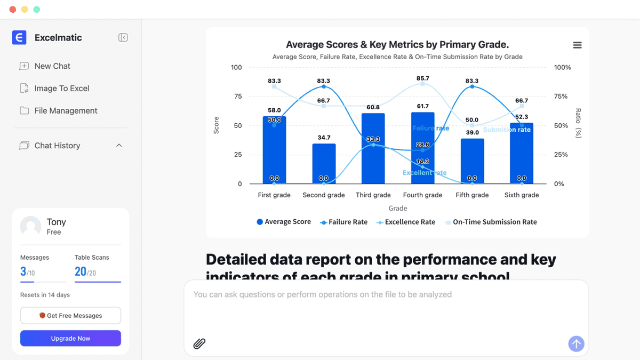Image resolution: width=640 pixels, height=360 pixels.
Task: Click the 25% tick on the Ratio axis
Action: coord(562,155)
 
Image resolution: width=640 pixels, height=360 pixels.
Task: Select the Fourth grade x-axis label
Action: coord(422,195)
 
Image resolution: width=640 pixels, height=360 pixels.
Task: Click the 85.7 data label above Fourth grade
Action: coord(422,78)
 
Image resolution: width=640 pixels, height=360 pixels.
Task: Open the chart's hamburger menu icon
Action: coord(577,45)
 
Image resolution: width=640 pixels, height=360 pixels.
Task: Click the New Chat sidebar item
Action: coord(52,66)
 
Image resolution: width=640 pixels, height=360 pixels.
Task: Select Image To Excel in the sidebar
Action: coord(61,89)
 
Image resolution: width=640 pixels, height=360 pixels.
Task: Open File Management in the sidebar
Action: coord(66,111)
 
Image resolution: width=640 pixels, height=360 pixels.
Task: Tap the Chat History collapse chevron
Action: coord(119,146)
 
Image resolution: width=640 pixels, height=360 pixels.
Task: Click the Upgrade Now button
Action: coord(70,339)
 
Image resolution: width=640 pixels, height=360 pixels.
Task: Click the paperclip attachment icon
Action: coord(199,343)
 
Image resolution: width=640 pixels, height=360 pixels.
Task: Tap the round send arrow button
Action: coord(576,343)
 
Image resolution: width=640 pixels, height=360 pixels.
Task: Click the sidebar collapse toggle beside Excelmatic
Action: coord(123,37)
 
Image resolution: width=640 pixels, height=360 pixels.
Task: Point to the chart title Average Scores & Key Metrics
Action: coord(397,45)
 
